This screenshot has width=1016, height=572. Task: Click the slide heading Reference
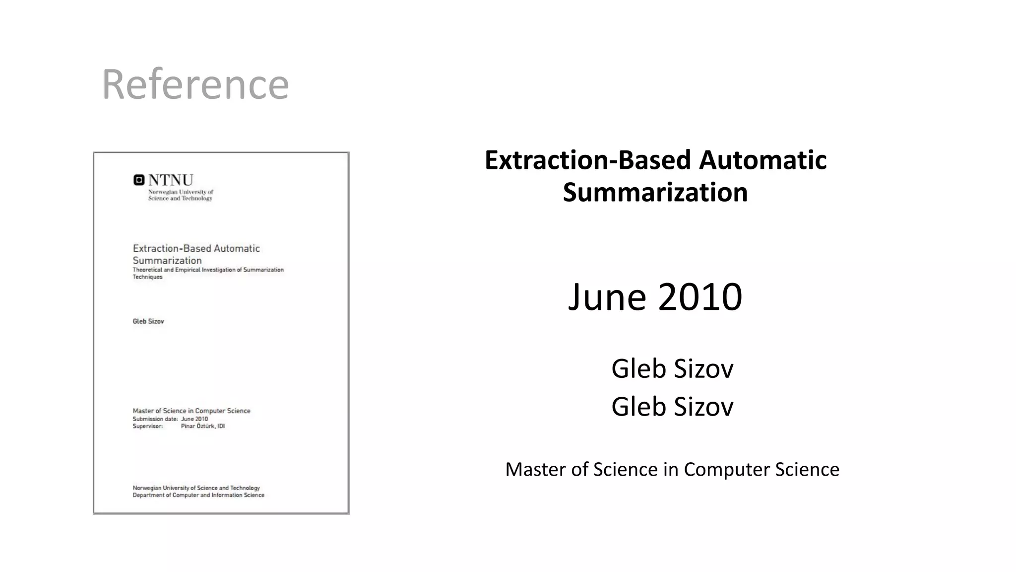195,84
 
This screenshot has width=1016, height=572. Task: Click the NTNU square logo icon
139,180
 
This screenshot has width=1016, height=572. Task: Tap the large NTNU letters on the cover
171,180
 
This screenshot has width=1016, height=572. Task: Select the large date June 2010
655,297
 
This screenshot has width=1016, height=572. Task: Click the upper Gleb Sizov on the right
672,368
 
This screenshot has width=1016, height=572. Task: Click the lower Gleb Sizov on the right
672,407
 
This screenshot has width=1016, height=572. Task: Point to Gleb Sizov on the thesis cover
148,321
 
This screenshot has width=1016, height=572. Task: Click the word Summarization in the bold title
655,193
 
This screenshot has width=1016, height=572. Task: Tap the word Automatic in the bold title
762,160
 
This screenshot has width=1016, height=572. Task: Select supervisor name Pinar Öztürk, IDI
203,426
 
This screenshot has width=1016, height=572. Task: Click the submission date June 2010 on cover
194,419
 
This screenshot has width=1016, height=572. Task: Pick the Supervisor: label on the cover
147,426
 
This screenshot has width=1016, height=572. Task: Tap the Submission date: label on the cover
155,419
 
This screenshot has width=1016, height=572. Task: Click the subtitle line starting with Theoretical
208,270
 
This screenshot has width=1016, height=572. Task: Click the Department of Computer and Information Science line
198,495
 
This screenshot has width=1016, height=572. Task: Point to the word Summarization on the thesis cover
167,261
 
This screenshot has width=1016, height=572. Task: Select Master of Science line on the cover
191,411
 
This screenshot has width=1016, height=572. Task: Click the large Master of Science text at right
672,470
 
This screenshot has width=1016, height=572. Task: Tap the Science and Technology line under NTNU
180,198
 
